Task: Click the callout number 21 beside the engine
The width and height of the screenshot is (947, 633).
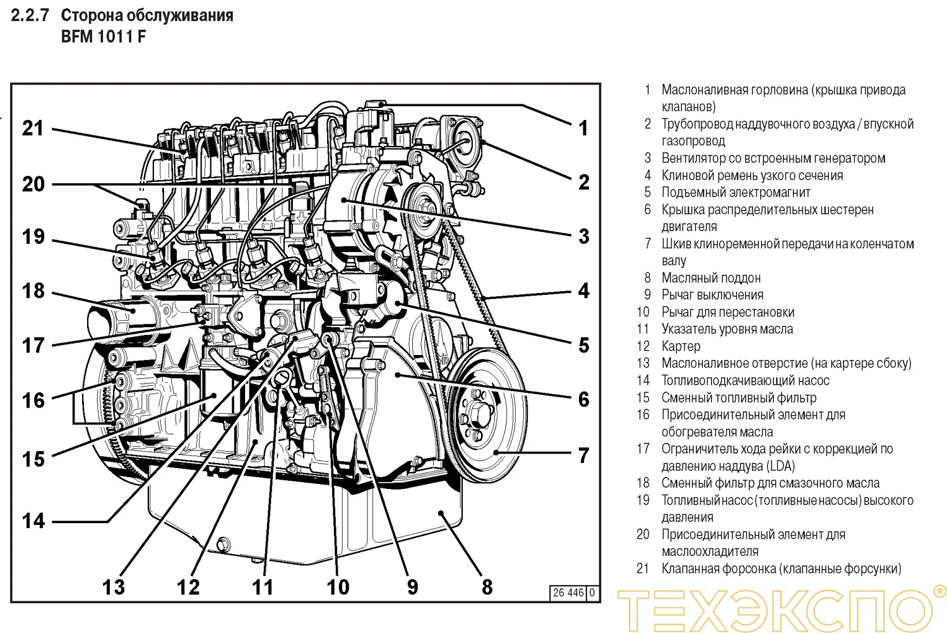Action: (33, 128)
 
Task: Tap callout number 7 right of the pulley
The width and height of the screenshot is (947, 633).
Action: (583, 455)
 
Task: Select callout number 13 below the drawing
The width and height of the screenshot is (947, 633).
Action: (114, 587)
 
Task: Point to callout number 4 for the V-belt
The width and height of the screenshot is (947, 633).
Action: (583, 291)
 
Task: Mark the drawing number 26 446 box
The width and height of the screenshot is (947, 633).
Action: (573, 593)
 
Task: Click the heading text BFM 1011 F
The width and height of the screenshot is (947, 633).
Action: (103, 37)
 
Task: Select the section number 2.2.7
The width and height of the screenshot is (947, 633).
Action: (30, 15)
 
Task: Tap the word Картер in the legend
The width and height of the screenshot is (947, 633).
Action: (681, 346)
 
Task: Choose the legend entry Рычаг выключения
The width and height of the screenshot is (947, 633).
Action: (712, 295)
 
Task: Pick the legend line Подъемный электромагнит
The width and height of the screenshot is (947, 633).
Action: (736, 193)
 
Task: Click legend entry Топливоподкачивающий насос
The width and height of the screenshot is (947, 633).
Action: (745, 380)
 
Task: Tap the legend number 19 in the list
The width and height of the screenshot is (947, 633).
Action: (643, 500)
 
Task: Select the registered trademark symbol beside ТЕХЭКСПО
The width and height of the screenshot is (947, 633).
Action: (939, 592)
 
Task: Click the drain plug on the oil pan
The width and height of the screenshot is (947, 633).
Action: (223, 544)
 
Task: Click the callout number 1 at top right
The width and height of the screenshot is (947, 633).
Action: (583, 128)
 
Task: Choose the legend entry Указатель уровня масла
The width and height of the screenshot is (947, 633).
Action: (727, 329)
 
